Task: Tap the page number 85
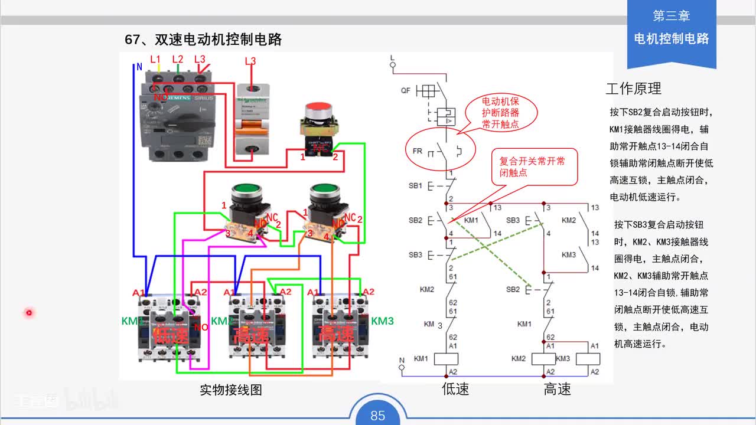(378, 416)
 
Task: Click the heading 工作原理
(633, 89)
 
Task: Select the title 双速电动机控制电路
(218, 40)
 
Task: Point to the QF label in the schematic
(405, 91)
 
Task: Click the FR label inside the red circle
(418, 151)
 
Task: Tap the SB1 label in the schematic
(416, 185)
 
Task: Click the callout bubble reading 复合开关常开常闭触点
(532, 167)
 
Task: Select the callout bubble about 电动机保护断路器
(501, 112)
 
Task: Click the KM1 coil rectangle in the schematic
(447, 359)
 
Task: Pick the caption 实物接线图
(230, 390)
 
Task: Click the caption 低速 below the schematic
(455, 389)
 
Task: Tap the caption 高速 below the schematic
(557, 389)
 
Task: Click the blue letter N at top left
(139, 67)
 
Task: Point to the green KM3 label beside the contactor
(382, 321)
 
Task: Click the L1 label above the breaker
(155, 59)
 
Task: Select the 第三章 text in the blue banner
(671, 16)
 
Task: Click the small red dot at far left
(28, 312)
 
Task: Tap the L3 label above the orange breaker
(250, 61)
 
